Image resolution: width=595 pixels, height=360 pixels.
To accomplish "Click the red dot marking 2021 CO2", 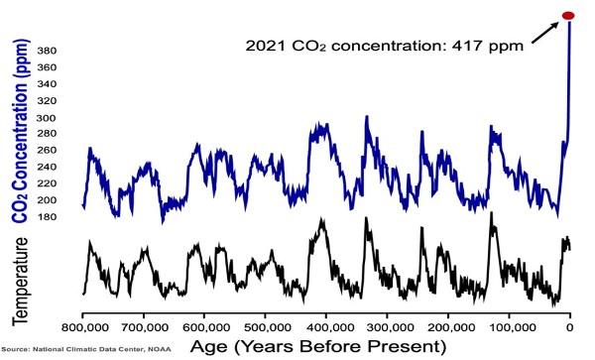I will [568, 15].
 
